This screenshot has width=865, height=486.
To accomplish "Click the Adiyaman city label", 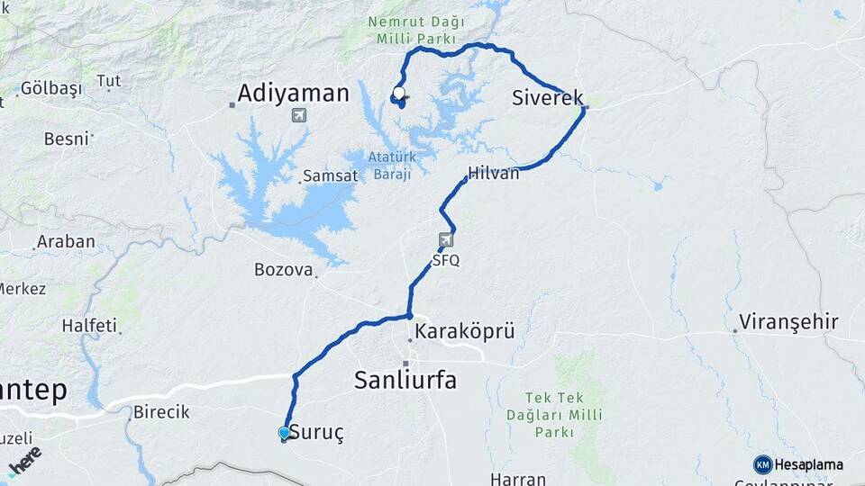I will [293, 93].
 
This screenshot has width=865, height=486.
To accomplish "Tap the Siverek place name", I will [547, 98].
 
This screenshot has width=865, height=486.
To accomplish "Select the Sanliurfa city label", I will [405, 380].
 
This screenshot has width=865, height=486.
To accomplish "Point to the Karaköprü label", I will [466, 332].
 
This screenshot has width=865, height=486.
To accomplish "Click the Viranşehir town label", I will [788, 321].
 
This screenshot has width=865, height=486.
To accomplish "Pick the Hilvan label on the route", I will [494, 174].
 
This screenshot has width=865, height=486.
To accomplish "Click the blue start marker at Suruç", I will [285, 433].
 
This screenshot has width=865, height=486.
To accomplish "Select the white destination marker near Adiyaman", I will [398, 92].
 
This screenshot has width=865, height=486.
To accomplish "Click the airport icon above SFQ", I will [446, 240].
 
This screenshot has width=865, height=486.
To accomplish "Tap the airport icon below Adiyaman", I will [299, 115].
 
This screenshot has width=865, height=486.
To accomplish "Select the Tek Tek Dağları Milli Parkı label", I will [565, 415].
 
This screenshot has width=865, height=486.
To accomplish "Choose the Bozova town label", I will [283, 269].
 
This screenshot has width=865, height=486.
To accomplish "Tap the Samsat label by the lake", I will [330, 175].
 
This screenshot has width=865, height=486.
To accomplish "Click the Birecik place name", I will [161, 412].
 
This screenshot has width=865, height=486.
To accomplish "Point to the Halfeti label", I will [89, 325].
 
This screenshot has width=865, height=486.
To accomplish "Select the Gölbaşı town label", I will [50, 88].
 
